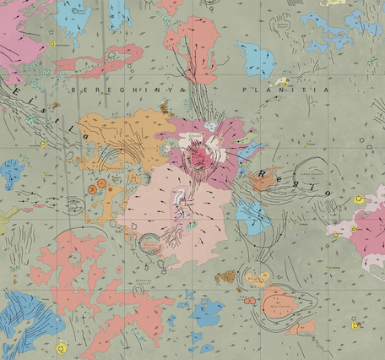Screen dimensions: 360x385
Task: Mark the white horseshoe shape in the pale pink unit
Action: pyautogui.click(x=179, y=199)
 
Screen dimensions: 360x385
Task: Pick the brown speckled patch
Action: pyautogui.click(x=225, y=276)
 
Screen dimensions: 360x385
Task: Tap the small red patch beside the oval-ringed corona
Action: pyautogui.click(x=250, y=299)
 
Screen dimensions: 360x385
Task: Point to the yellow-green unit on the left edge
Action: pyautogui.click(x=5, y=218)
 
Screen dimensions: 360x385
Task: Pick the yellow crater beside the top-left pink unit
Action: pyautogui.click(x=52, y=43)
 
